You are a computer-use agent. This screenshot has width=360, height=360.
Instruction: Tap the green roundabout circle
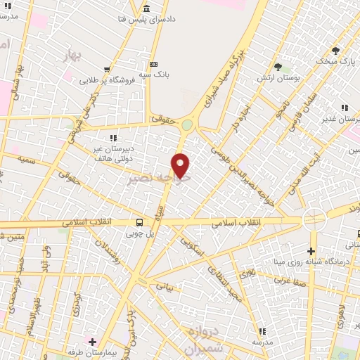click(187, 126)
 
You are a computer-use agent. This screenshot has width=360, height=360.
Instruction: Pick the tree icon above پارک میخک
click(335, 51)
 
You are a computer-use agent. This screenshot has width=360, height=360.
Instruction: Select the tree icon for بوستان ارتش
click(278, 67)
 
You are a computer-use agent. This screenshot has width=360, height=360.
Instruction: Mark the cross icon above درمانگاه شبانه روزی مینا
click(311, 251)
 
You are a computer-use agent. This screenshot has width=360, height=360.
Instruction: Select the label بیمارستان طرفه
click(91, 353)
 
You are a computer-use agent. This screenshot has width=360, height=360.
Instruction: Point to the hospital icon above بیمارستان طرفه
click(91, 342)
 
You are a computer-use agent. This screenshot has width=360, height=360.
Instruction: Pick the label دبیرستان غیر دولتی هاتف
click(113, 153)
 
